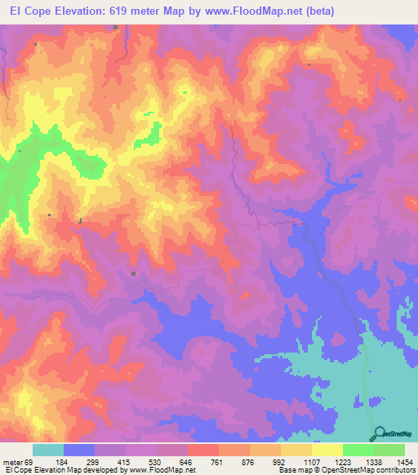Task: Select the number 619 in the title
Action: (x=129, y=11)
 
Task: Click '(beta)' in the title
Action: (x=315, y=11)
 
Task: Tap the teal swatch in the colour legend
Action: (x=48, y=450)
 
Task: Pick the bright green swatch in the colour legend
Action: (x=358, y=450)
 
